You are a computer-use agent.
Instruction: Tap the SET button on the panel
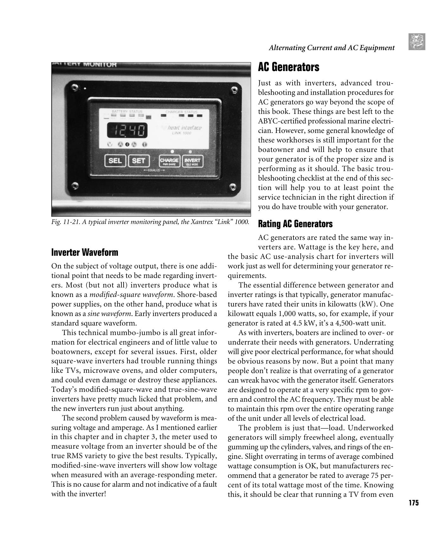click(138, 161)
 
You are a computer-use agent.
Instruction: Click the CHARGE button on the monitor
click(169, 161)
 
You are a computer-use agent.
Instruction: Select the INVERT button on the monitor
click(192, 161)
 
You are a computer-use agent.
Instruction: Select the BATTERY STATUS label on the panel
click(127, 112)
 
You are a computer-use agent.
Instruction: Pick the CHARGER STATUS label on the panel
click(181, 112)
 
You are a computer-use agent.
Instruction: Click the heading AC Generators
click(288, 67)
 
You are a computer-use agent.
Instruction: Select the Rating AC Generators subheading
click(295, 224)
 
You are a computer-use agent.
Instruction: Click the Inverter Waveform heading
click(84, 253)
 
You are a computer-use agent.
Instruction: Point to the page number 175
click(413, 503)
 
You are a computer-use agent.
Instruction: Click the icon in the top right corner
click(417, 42)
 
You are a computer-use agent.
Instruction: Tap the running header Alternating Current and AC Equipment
click(331, 48)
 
